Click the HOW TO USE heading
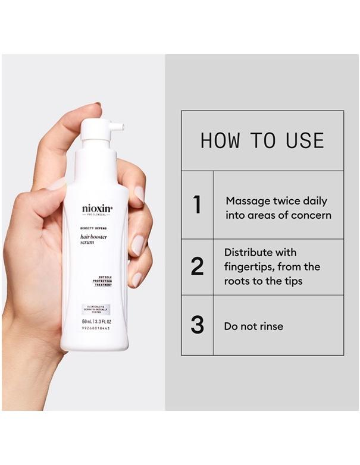coord(262,140)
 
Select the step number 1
coord(197,205)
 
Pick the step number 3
coord(197,325)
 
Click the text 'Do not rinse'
coord(253,326)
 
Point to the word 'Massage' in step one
coord(246,201)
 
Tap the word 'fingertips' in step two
coord(250,267)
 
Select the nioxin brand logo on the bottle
coord(97,209)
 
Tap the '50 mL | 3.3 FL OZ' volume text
coord(96,322)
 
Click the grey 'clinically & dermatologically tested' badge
coord(96,309)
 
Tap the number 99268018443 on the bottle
coord(96,329)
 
